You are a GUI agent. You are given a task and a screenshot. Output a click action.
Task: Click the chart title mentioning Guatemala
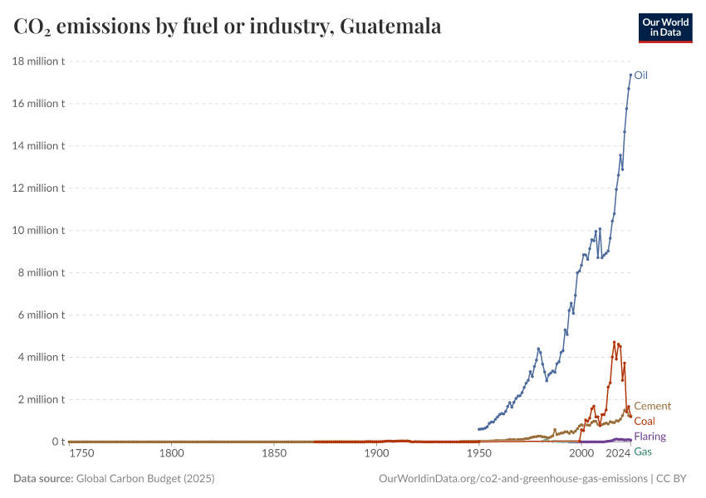(x=227, y=27)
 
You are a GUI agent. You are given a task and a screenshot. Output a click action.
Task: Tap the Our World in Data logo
(x=664, y=27)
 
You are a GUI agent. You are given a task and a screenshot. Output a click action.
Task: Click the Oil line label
(x=640, y=75)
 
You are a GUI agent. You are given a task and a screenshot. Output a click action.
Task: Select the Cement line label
(x=652, y=406)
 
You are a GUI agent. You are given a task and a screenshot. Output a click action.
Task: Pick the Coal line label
(x=644, y=421)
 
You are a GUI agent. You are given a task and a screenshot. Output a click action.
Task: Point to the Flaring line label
(x=650, y=437)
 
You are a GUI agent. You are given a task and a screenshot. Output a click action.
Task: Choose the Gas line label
(x=642, y=452)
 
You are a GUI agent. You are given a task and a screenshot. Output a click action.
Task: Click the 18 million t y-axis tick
(x=38, y=61)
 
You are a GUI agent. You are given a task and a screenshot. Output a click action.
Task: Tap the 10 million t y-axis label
(x=38, y=230)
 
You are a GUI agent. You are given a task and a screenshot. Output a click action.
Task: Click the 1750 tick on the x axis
(x=81, y=454)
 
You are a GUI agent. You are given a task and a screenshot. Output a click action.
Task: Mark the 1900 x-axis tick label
(x=376, y=454)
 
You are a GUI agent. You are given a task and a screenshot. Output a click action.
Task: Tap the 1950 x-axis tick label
(x=478, y=454)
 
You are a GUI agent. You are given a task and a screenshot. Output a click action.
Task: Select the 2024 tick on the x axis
(x=617, y=454)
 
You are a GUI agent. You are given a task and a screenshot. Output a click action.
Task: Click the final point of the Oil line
(x=630, y=75)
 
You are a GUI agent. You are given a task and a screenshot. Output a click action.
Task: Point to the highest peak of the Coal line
(x=615, y=342)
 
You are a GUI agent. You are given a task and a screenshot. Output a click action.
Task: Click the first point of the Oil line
(x=478, y=429)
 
